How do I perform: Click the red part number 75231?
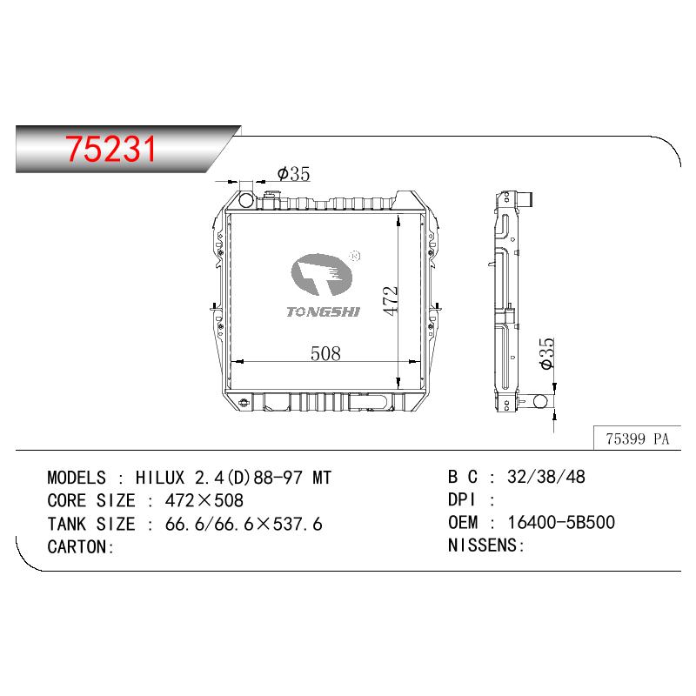point(111,149)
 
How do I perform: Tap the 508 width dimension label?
point(325,353)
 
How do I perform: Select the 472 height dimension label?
point(391,301)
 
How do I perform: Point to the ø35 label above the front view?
point(293,173)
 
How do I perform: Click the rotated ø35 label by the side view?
point(547,353)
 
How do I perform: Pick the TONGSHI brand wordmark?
point(323,312)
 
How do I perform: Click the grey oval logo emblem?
point(321,275)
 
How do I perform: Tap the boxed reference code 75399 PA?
point(637,438)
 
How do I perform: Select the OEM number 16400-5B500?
point(561,523)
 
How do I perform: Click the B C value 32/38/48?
point(546,477)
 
